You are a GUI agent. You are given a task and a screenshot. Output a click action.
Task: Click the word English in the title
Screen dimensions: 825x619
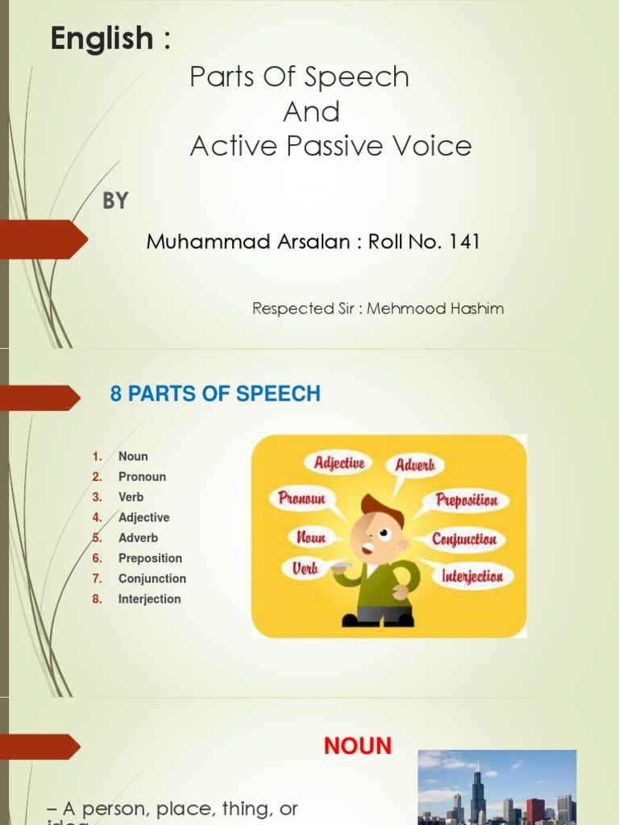(x=102, y=39)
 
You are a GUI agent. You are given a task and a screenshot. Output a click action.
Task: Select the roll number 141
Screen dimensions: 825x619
(x=463, y=242)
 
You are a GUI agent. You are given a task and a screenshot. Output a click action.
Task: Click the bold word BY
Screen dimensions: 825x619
(x=115, y=201)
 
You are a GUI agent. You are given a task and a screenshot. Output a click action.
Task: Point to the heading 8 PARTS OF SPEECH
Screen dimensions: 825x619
(x=214, y=394)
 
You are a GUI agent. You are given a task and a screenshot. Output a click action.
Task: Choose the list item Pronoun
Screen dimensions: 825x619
(x=142, y=476)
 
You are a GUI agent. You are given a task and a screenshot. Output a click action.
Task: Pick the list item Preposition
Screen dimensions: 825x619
(x=150, y=558)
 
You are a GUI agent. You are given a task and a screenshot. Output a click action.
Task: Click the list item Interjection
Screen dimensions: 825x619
(x=149, y=599)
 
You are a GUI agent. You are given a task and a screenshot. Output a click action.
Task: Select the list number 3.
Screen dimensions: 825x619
(x=97, y=497)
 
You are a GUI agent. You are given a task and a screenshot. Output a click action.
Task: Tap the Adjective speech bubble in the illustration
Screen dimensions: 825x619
(x=339, y=463)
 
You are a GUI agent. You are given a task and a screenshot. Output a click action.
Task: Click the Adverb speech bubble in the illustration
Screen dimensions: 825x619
(x=415, y=465)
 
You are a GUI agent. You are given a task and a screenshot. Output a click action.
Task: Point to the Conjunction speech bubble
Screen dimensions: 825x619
(x=464, y=539)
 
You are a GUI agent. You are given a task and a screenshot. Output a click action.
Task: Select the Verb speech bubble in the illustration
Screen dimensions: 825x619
(x=305, y=568)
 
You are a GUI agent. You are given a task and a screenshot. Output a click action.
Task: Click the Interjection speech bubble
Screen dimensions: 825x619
(x=472, y=576)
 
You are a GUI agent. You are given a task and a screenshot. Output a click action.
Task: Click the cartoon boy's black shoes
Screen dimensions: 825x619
(x=378, y=619)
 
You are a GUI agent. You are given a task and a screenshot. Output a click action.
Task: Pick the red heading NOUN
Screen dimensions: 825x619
(x=358, y=747)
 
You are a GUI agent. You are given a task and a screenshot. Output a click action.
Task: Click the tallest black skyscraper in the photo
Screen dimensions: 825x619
(x=477, y=790)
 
